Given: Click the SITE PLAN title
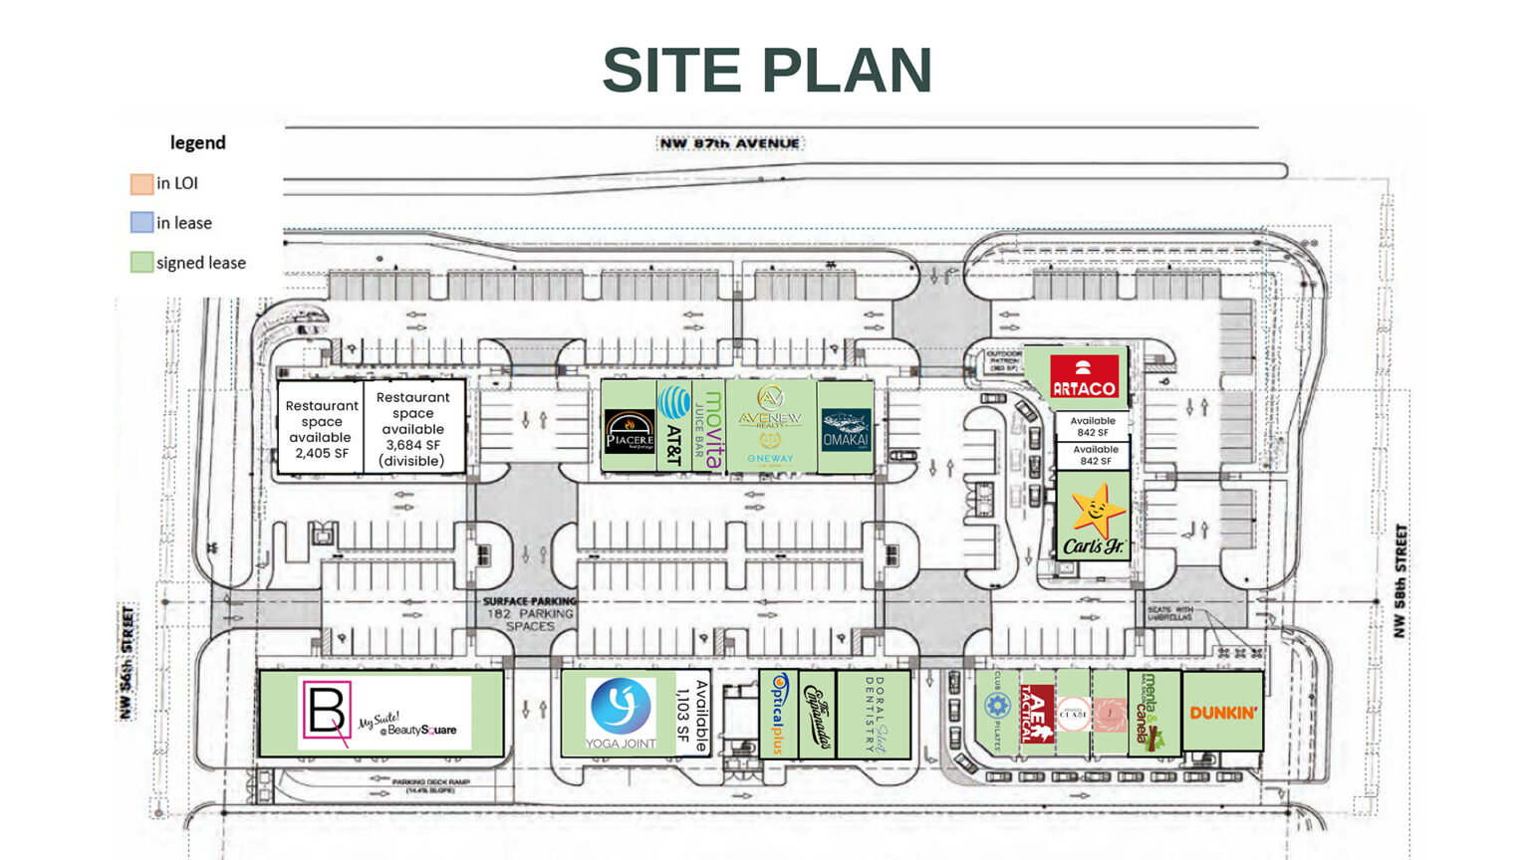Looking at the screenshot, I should pos(766,71).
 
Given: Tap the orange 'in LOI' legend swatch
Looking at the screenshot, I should pos(141,183).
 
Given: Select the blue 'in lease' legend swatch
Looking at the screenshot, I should pos(141,223).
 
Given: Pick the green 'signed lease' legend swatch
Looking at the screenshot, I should pos(141,263).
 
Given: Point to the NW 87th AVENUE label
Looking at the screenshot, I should pos(729,143).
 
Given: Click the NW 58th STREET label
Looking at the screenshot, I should pos(1401,581).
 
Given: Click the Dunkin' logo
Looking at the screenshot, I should pos(1223,713).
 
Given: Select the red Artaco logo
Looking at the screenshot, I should pos(1084,377).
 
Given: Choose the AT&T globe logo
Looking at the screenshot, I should pos(675,403).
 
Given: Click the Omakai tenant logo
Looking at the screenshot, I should pos(846,429).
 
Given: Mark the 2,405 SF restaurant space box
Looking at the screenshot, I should pos(322,429).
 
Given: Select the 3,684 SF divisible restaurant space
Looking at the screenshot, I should pos(413,429).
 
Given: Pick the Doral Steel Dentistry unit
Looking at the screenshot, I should pos(874,715).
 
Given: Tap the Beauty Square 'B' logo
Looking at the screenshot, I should pos(326,711).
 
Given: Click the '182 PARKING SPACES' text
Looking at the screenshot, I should pos(530,619).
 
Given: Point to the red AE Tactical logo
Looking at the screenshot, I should pos(1037,714).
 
